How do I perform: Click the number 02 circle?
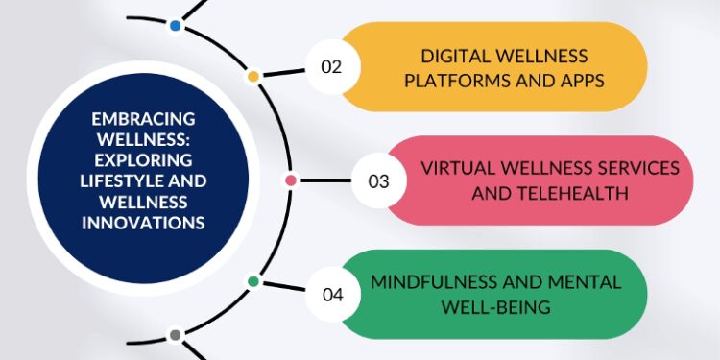pyautogui.click(x=331, y=66)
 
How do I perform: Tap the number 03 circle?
pyautogui.click(x=379, y=180)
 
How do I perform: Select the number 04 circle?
pyautogui.click(x=333, y=294)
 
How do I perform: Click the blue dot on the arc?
pyautogui.click(x=175, y=25)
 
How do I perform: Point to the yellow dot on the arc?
pyautogui.click(x=253, y=76)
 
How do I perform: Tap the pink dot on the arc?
pyautogui.click(x=291, y=180)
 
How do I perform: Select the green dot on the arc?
pyautogui.click(x=253, y=281)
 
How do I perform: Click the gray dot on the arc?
pyautogui.click(x=175, y=335)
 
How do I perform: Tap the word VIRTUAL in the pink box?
pyautogui.click(x=456, y=167)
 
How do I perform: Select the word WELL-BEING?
pyautogui.click(x=495, y=306)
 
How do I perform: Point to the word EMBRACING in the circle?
pyautogui.click(x=143, y=119)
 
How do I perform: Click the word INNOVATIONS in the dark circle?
pyautogui.click(x=144, y=223)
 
